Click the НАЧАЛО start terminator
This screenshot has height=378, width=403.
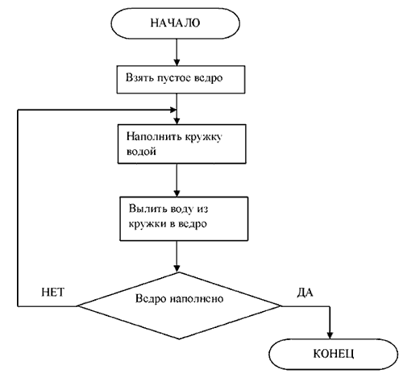[175, 23]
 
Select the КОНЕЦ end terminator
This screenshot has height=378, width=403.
[333, 355]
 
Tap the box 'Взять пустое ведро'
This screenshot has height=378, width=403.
[181, 80]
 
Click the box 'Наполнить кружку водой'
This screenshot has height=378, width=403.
[182, 143]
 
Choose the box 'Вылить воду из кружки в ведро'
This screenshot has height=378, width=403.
[184, 218]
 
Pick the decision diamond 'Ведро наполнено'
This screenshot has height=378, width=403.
[179, 305]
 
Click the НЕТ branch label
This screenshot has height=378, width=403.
[53, 293]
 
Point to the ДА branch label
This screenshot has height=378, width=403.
[305, 293]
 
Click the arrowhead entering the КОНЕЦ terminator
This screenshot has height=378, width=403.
[330, 335]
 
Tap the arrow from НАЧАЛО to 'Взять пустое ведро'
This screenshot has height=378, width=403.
[177, 52]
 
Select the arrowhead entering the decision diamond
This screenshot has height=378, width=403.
[177, 268]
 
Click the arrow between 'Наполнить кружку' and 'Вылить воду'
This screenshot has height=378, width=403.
[177, 180]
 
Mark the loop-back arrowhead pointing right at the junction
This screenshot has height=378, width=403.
[172, 110]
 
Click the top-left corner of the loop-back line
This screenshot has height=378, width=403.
[18, 110]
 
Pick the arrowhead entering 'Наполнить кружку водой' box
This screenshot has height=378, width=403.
[177, 120]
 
